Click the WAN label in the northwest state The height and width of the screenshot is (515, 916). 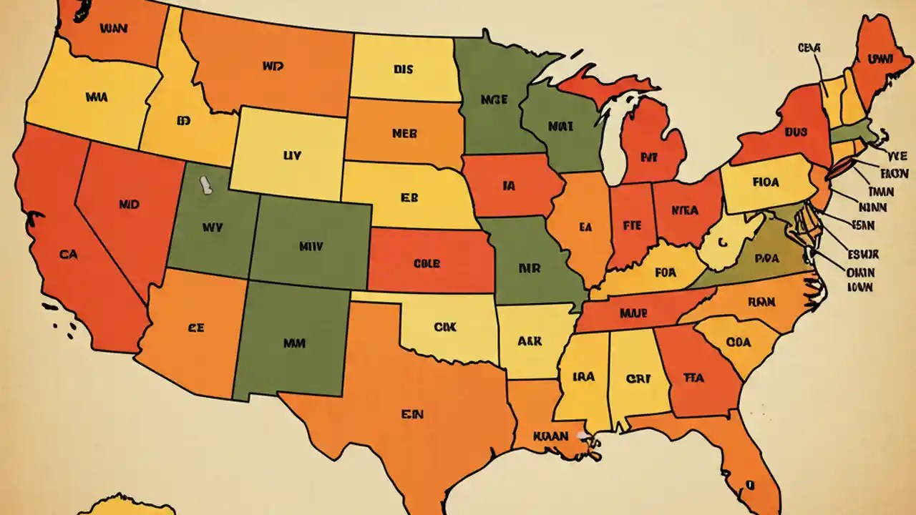(113, 30)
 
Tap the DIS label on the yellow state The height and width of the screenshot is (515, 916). (404, 70)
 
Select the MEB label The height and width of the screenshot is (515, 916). (405, 133)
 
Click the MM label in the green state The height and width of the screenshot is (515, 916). (294, 343)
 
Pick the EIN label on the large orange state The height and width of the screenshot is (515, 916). (413, 413)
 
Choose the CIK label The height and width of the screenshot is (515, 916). (444, 327)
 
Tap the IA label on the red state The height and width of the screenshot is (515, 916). (509, 186)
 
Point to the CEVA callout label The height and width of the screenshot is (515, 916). (809, 48)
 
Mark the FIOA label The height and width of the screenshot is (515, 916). (766, 182)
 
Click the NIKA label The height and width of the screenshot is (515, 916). (685, 210)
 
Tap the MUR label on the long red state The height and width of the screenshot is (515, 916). (613, 313)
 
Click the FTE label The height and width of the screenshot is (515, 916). (630, 224)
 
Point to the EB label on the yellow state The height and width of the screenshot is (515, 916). (409, 198)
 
